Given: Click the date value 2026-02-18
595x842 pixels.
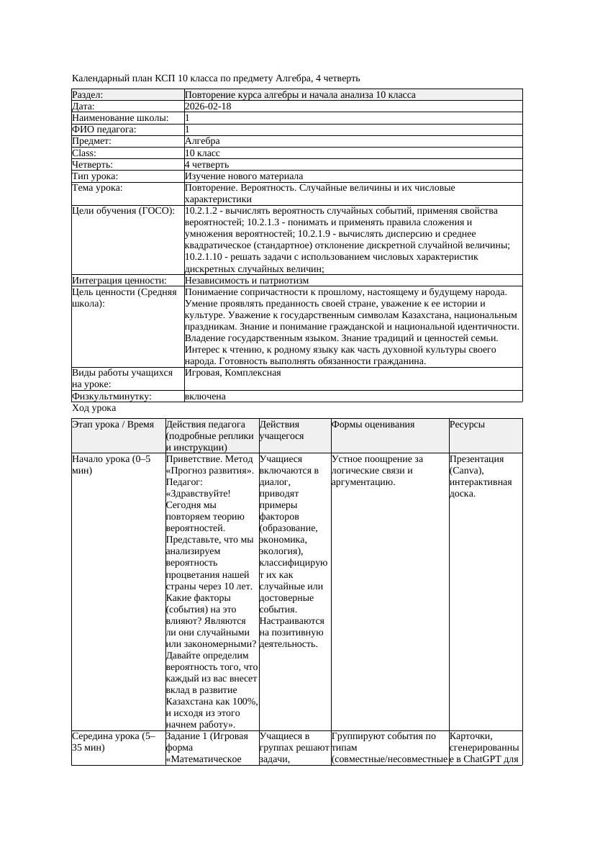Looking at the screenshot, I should (208, 107).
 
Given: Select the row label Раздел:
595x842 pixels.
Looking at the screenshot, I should (88, 95).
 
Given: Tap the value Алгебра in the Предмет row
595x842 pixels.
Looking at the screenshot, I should (202, 141).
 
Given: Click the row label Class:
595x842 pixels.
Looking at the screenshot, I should (84, 153).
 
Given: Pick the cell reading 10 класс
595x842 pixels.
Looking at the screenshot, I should (202, 153).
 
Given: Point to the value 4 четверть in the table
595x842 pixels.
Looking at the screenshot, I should (206, 164).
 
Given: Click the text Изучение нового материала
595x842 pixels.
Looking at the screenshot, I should (244, 176).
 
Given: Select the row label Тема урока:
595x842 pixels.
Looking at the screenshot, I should (98, 188).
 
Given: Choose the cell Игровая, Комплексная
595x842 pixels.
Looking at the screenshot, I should (233, 373).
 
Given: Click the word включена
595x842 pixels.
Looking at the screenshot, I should (205, 396).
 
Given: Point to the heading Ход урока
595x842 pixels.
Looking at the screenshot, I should (94, 407).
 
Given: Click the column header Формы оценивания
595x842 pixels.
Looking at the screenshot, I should (373, 425).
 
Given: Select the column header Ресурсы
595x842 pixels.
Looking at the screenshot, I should (467, 425).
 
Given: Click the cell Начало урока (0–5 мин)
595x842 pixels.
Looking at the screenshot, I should (111, 464).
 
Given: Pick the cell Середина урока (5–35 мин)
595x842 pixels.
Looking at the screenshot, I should (114, 742).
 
